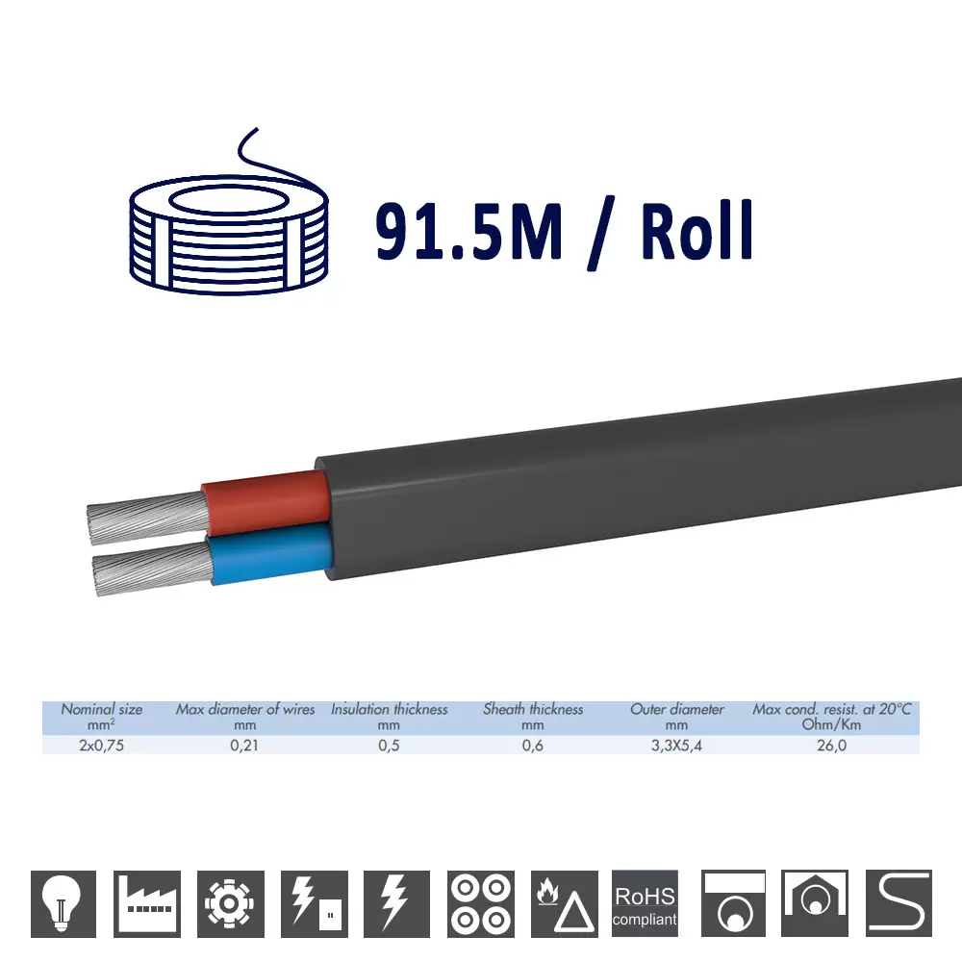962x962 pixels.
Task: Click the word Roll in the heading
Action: pos(696,231)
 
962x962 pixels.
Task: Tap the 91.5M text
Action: pos(468,231)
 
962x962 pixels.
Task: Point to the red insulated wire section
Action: pos(266,501)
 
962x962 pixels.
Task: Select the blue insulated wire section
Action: pos(270,552)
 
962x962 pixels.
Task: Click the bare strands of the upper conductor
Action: pos(147,518)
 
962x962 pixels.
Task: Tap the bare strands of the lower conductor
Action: pos(153,567)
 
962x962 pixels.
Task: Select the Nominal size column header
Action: pos(102,717)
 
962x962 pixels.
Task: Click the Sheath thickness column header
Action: pos(533,717)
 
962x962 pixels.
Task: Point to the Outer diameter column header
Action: pos(676,717)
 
